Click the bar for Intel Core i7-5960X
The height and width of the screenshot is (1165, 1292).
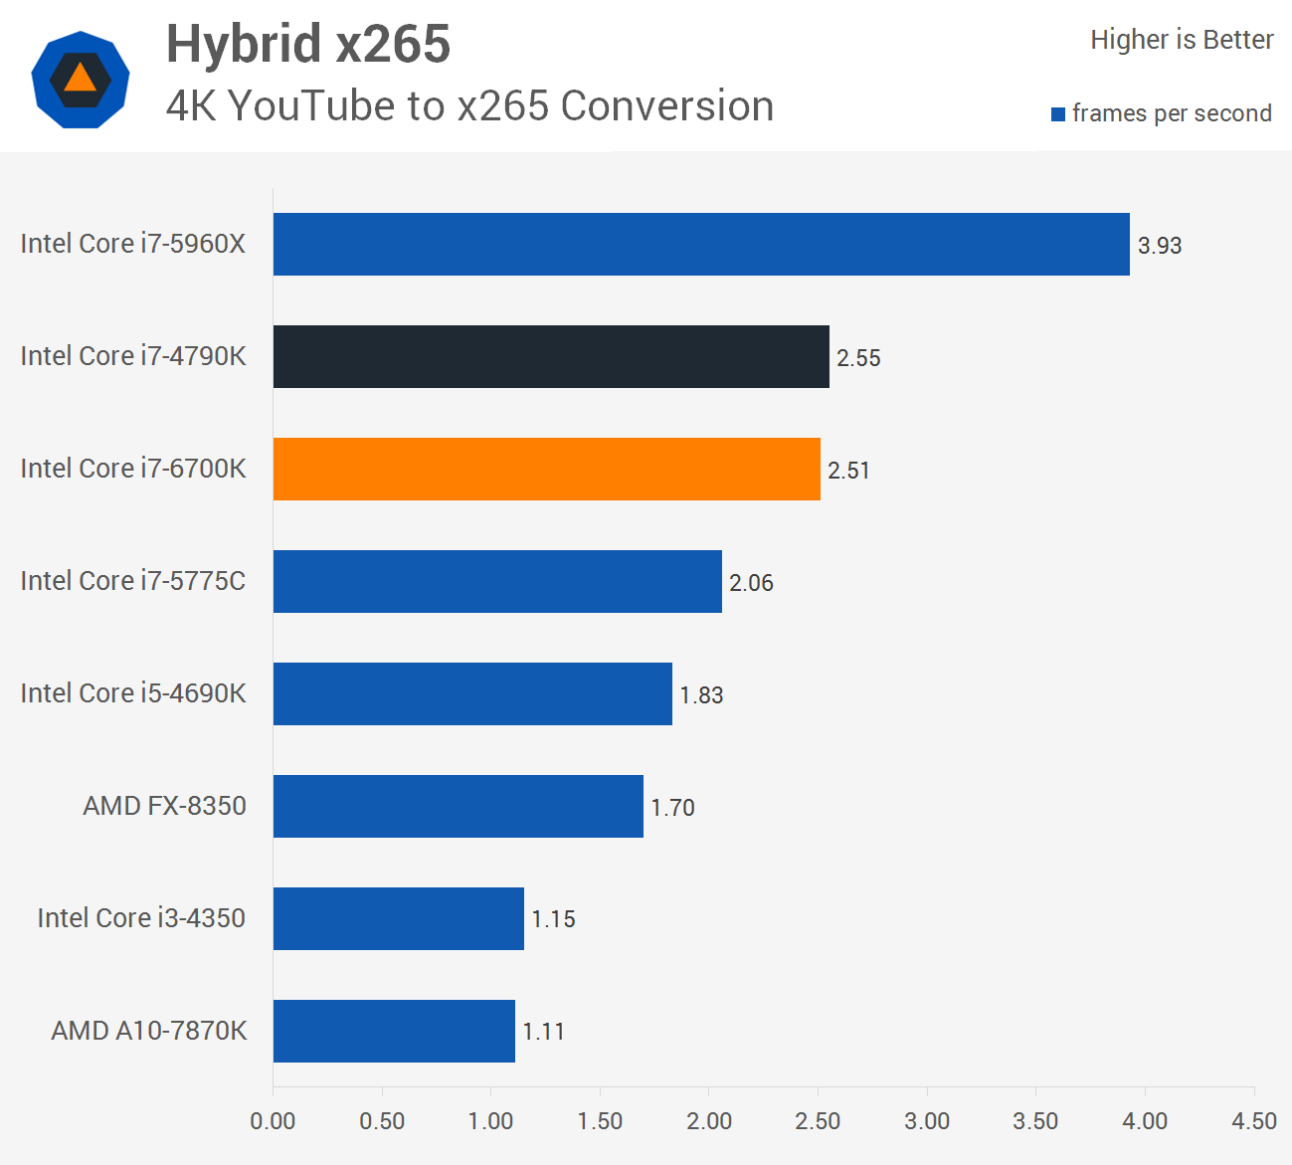(x=701, y=244)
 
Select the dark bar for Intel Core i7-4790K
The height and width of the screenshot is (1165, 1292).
(x=551, y=356)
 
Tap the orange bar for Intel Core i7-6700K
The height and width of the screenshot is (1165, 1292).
(x=547, y=469)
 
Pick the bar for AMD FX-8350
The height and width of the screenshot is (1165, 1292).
(x=459, y=806)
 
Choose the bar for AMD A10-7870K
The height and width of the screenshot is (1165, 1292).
(x=394, y=1031)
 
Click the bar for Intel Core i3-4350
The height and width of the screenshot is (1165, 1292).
(x=399, y=918)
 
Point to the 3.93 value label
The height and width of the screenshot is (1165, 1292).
(x=1160, y=246)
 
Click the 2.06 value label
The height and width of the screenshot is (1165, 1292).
(x=751, y=583)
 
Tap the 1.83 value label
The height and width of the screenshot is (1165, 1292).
(x=701, y=695)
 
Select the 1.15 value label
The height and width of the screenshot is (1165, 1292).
(x=553, y=919)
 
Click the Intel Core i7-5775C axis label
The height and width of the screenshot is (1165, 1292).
(x=133, y=581)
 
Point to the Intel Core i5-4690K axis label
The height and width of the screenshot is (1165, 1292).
(x=133, y=693)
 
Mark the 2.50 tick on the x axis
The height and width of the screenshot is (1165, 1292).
(x=818, y=1121)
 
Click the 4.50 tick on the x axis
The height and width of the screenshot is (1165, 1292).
(x=1253, y=1121)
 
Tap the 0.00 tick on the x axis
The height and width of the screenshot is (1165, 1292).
(x=273, y=1121)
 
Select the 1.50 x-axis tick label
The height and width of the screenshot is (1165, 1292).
(x=600, y=1121)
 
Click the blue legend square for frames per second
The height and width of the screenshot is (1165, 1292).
(x=1058, y=114)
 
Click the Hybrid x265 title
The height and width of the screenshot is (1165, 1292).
(x=308, y=45)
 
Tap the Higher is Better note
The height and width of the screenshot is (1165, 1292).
(x=1182, y=40)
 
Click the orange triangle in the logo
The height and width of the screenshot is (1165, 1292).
(x=80, y=78)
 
